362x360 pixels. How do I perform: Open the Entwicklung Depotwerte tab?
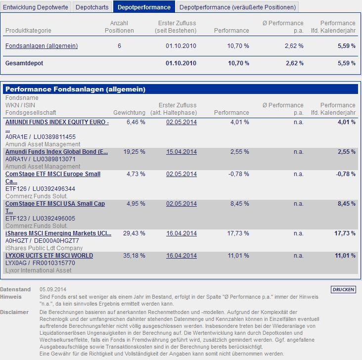point(36,7)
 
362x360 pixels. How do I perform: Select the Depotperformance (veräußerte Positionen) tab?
point(237,7)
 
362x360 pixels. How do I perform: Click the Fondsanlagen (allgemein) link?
point(42,46)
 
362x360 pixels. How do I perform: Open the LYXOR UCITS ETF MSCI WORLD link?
point(49,256)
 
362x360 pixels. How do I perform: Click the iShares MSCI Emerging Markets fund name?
point(58,233)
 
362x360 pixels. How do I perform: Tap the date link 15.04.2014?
point(181,152)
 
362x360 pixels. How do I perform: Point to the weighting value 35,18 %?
point(136,256)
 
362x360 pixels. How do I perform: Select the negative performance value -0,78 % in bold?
point(345,174)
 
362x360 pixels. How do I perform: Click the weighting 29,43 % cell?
point(136,233)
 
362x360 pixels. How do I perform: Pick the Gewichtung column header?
point(129,113)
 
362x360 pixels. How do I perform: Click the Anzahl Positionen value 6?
point(119,46)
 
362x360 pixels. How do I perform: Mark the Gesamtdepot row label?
point(23,63)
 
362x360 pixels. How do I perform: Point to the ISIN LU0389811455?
point(54,136)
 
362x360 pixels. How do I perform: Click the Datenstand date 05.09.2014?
point(53,289)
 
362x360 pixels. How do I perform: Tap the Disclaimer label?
point(14,312)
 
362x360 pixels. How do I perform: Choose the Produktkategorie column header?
point(28,31)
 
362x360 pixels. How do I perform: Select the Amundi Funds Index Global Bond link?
point(56,152)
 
